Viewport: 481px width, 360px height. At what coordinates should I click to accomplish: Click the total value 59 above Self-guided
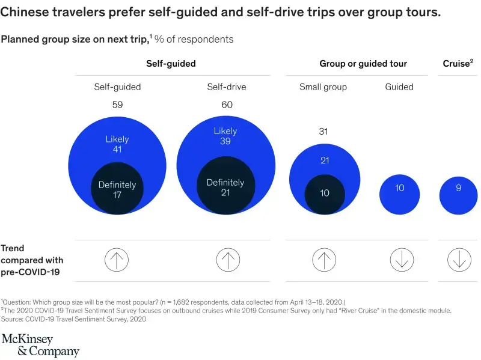tap(117, 105)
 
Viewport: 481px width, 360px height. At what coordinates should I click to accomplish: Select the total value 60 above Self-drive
tap(227, 105)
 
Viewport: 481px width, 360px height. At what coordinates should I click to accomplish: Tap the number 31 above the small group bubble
tap(323, 132)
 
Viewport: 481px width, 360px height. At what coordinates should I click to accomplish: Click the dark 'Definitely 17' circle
tap(117, 190)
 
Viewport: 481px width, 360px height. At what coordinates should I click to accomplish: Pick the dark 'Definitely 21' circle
tap(225, 187)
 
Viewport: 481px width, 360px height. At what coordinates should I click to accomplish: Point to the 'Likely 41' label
tap(117, 144)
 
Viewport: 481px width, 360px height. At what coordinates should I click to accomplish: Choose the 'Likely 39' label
tap(225, 136)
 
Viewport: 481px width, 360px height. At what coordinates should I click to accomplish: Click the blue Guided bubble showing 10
tap(400, 192)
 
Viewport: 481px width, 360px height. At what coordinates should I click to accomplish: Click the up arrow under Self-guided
tap(117, 260)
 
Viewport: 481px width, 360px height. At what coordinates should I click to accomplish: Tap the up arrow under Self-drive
tap(227, 260)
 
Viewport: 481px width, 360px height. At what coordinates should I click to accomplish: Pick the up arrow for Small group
tap(323, 260)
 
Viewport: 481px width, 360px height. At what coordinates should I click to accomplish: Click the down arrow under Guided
tap(401, 260)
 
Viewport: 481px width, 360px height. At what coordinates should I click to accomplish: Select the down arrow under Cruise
tap(459, 260)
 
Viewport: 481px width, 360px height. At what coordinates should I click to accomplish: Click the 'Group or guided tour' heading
tap(363, 64)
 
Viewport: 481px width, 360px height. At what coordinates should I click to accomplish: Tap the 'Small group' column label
tap(323, 87)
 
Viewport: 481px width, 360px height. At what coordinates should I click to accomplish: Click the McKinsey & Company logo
tap(40, 345)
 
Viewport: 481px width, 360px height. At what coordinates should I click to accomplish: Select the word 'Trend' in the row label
tap(13, 248)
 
